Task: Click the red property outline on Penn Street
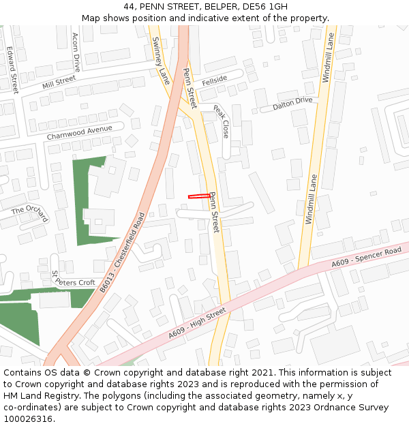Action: coord(199,196)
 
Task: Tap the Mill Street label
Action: coord(59,82)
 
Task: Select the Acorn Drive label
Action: coord(76,52)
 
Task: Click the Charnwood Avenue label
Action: coord(79,132)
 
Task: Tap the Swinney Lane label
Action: coord(161,60)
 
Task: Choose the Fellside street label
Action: coord(214,80)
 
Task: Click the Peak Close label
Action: coord(222,121)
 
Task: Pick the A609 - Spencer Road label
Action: coord(367,258)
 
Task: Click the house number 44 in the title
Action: coord(130,7)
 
